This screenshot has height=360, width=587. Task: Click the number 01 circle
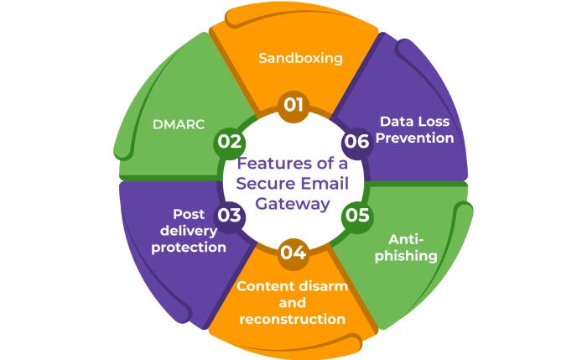pyautogui.click(x=293, y=106)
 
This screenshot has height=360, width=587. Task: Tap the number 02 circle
pyautogui.click(x=229, y=141)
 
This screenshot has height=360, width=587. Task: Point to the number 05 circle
pyautogui.click(x=356, y=216)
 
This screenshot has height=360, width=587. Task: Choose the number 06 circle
pyautogui.click(x=356, y=141)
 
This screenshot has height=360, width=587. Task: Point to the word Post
pyautogui.click(x=190, y=214)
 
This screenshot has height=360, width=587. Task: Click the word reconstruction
pyautogui.click(x=292, y=319)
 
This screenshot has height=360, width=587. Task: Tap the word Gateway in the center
pyautogui.click(x=293, y=204)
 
